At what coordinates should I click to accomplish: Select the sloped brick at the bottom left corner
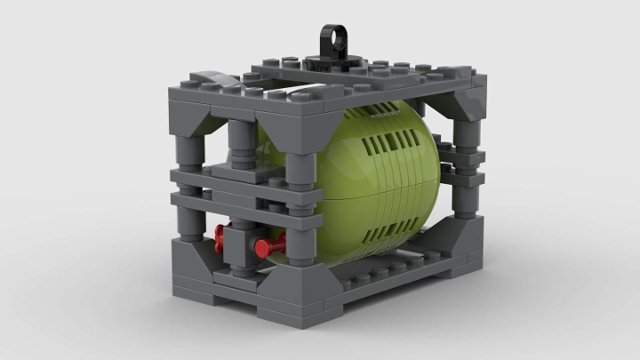point(197,253)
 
